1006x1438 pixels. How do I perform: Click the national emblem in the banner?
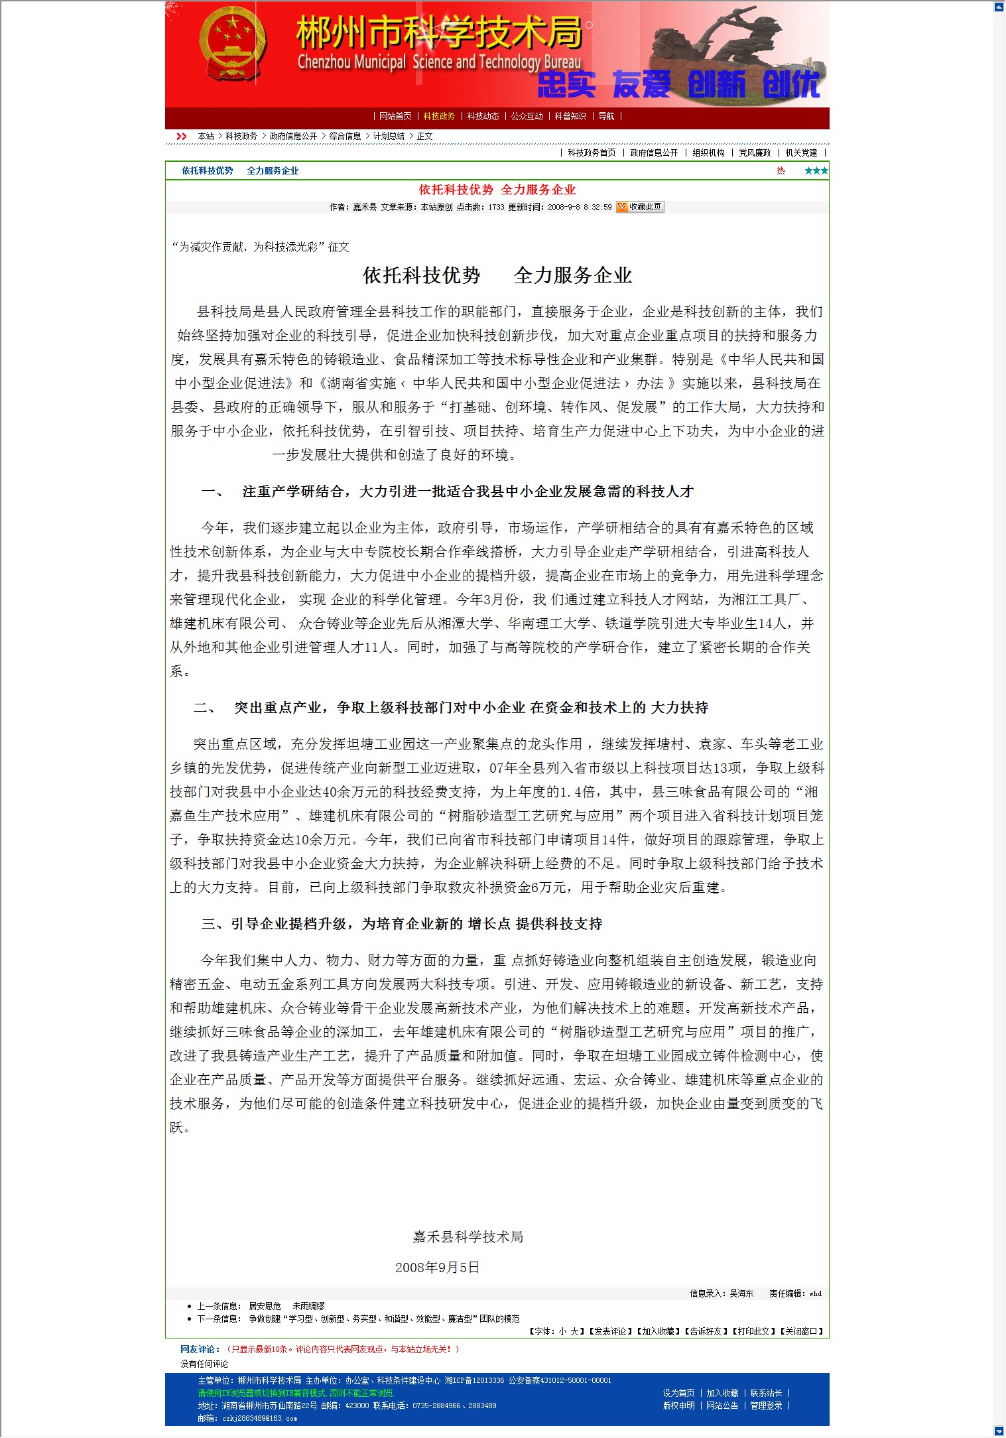pos(233,47)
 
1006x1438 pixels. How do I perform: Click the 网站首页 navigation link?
pos(395,116)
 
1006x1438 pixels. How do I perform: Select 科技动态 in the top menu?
pos(483,116)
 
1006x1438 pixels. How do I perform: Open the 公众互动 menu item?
pos(527,116)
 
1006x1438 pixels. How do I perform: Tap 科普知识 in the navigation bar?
pos(570,116)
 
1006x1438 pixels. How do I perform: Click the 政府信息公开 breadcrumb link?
pos(293,136)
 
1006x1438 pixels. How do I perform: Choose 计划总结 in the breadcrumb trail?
pos(389,136)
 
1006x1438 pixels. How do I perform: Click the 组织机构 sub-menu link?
pos(708,153)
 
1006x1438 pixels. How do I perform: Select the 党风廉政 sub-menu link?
pos(755,153)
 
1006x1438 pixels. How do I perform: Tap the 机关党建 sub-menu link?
pos(801,153)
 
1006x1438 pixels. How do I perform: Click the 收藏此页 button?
pos(640,207)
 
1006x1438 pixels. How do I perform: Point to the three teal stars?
pos(816,170)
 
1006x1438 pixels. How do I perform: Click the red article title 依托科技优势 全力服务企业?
pos(497,190)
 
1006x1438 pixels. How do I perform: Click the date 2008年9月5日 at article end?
pos(437,1268)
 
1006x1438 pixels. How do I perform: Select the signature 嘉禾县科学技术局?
pos(468,1237)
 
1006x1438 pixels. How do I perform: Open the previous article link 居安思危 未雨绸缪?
pos(286,1306)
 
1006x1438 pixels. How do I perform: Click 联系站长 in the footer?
pos(766,1393)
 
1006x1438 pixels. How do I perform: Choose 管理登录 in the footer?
pos(766,1405)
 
